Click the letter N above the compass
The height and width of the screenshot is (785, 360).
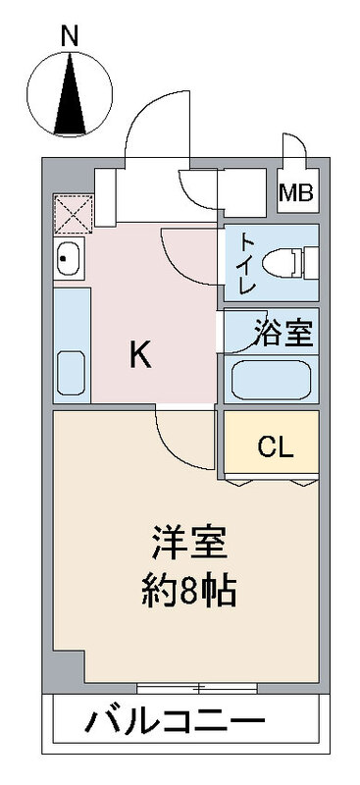point(69,35)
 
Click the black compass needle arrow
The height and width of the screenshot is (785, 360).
point(69,98)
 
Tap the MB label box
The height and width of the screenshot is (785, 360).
point(296,192)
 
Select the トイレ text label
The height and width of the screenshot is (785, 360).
point(246,264)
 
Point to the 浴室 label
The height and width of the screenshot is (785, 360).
point(284,334)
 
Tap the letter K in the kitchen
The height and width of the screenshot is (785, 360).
point(141,355)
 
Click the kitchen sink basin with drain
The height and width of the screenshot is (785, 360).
point(69,261)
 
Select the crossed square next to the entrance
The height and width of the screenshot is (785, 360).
point(70,213)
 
